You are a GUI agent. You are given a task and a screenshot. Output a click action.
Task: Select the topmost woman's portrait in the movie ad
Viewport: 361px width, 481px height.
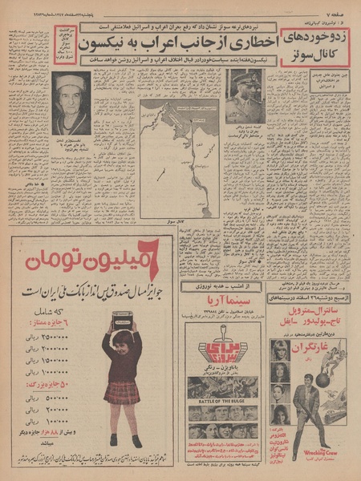tap(280, 350)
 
